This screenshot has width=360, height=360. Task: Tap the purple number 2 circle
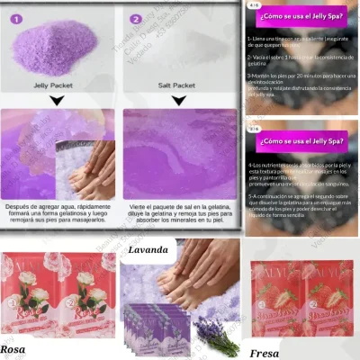click(x=136, y=18)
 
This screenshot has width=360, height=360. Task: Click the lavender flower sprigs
click(x=219, y=336)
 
